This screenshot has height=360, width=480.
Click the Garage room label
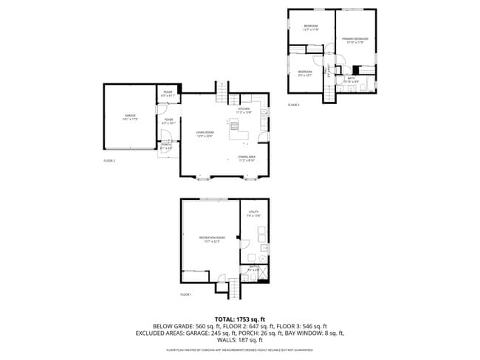(130, 117)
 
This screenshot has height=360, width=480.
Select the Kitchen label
(244, 111)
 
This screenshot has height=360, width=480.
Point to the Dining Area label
(247, 158)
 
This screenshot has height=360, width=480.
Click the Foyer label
(169, 121)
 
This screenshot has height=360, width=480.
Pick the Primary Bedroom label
(355, 40)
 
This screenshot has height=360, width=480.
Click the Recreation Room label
(210, 239)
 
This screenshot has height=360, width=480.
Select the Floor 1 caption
(186, 294)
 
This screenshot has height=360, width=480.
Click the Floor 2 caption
(109, 160)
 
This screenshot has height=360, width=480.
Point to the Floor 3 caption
(294, 105)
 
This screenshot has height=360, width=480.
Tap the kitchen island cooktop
(236, 125)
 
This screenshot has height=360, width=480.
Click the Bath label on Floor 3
(352, 79)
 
